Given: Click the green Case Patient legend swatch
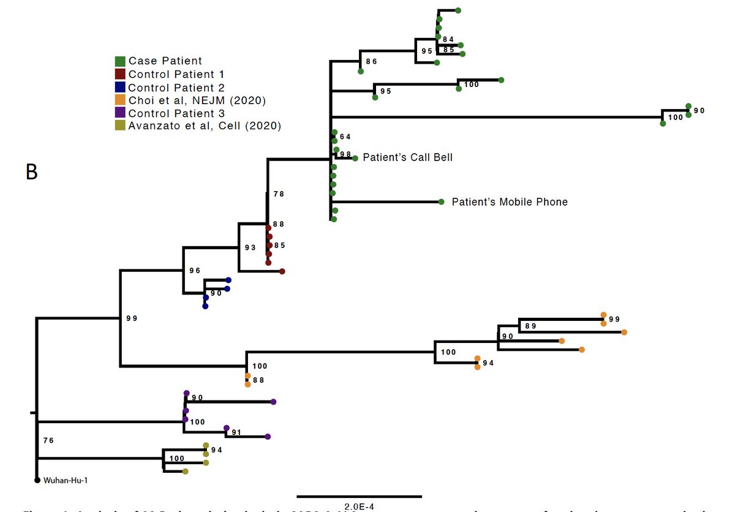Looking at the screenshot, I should [x=121, y=61].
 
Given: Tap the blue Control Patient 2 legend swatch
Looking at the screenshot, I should [x=121, y=88].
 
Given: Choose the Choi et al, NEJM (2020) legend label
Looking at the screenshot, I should [x=197, y=100].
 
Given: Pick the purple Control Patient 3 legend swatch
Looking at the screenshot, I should [x=121, y=113].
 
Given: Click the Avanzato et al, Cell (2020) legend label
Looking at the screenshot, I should [x=205, y=126].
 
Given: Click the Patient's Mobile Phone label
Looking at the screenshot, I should [x=510, y=201].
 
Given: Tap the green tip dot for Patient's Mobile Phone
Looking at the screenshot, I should [x=441, y=201].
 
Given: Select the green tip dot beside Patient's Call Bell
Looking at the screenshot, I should [x=355, y=158].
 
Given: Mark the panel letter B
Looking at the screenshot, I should [x=32, y=172].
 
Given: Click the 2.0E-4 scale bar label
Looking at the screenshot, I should [x=359, y=506].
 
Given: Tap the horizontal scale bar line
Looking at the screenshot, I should [x=359, y=496].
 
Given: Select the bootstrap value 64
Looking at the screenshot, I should [x=345, y=137].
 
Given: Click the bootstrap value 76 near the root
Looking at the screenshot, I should [x=49, y=440].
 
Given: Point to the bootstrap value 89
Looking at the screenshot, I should [x=530, y=326].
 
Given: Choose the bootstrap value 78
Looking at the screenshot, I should [x=279, y=194].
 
